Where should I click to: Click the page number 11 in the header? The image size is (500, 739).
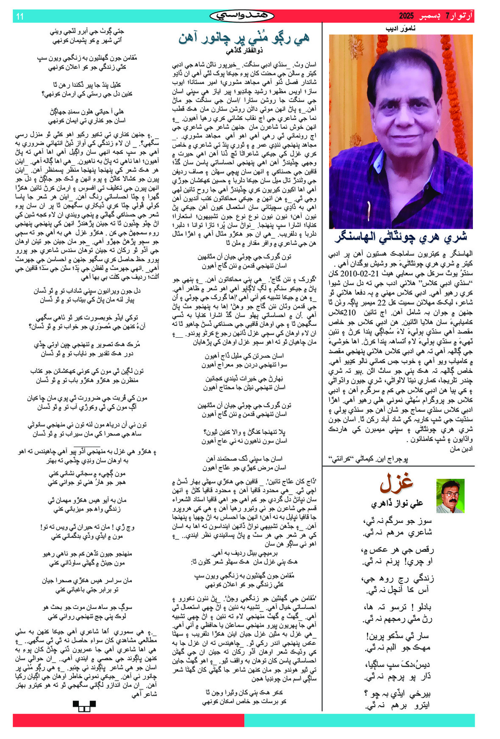coord(19,17)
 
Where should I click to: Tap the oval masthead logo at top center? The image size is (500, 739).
coord(242,16)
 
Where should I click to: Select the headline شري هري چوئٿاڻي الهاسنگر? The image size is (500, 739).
coord(400,237)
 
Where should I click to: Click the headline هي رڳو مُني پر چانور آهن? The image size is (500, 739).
coord(244,39)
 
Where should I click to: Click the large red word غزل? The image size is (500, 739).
coord(396,482)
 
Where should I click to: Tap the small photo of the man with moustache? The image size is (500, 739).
coord(450,496)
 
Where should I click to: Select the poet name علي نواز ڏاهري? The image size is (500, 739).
coord(397,503)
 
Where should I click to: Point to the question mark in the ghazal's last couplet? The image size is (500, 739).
coord(366,694)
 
